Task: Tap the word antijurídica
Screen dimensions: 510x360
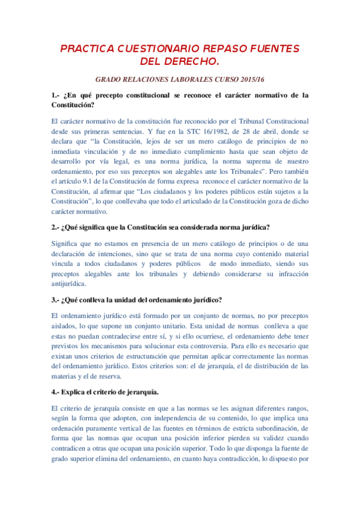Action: point(69,284)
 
